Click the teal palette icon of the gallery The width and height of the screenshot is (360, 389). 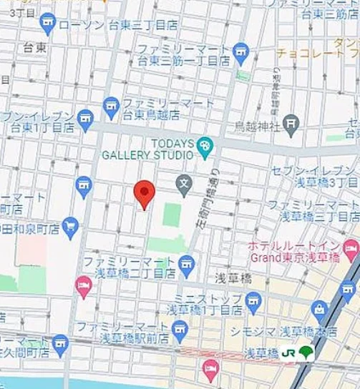click(205, 146)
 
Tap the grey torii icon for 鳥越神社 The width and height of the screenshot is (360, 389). click(290, 124)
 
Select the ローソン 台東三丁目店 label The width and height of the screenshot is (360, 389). click(118, 25)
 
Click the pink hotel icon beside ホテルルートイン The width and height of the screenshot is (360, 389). click(351, 250)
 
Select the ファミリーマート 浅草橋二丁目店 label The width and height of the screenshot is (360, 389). click(129, 267)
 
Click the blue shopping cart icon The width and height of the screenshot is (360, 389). click(69, 227)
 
